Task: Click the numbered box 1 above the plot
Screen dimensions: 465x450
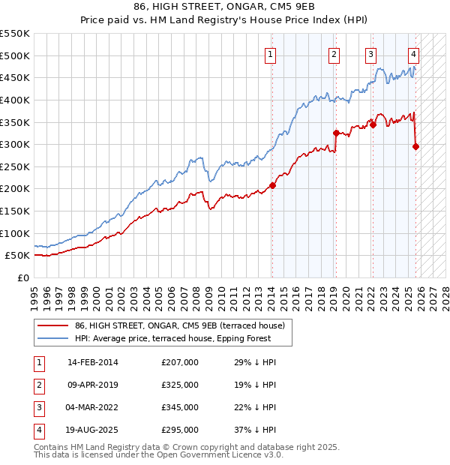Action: coord(270,54)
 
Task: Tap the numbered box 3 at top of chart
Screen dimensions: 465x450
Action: coord(370,54)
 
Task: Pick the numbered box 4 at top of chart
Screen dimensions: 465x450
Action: coord(413,54)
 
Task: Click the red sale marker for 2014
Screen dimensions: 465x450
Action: coord(273,186)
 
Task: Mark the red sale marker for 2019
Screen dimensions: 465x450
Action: coord(336,133)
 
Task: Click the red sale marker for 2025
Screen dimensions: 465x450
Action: coord(416,146)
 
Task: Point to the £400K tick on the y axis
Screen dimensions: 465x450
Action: coord(15,100)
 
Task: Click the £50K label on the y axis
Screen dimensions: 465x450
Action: coord(17,256)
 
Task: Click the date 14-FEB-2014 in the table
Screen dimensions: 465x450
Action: coord(92,362)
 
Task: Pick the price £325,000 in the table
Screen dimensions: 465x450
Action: coord(180,385)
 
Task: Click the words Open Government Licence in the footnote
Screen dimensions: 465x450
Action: coord(219,455)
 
